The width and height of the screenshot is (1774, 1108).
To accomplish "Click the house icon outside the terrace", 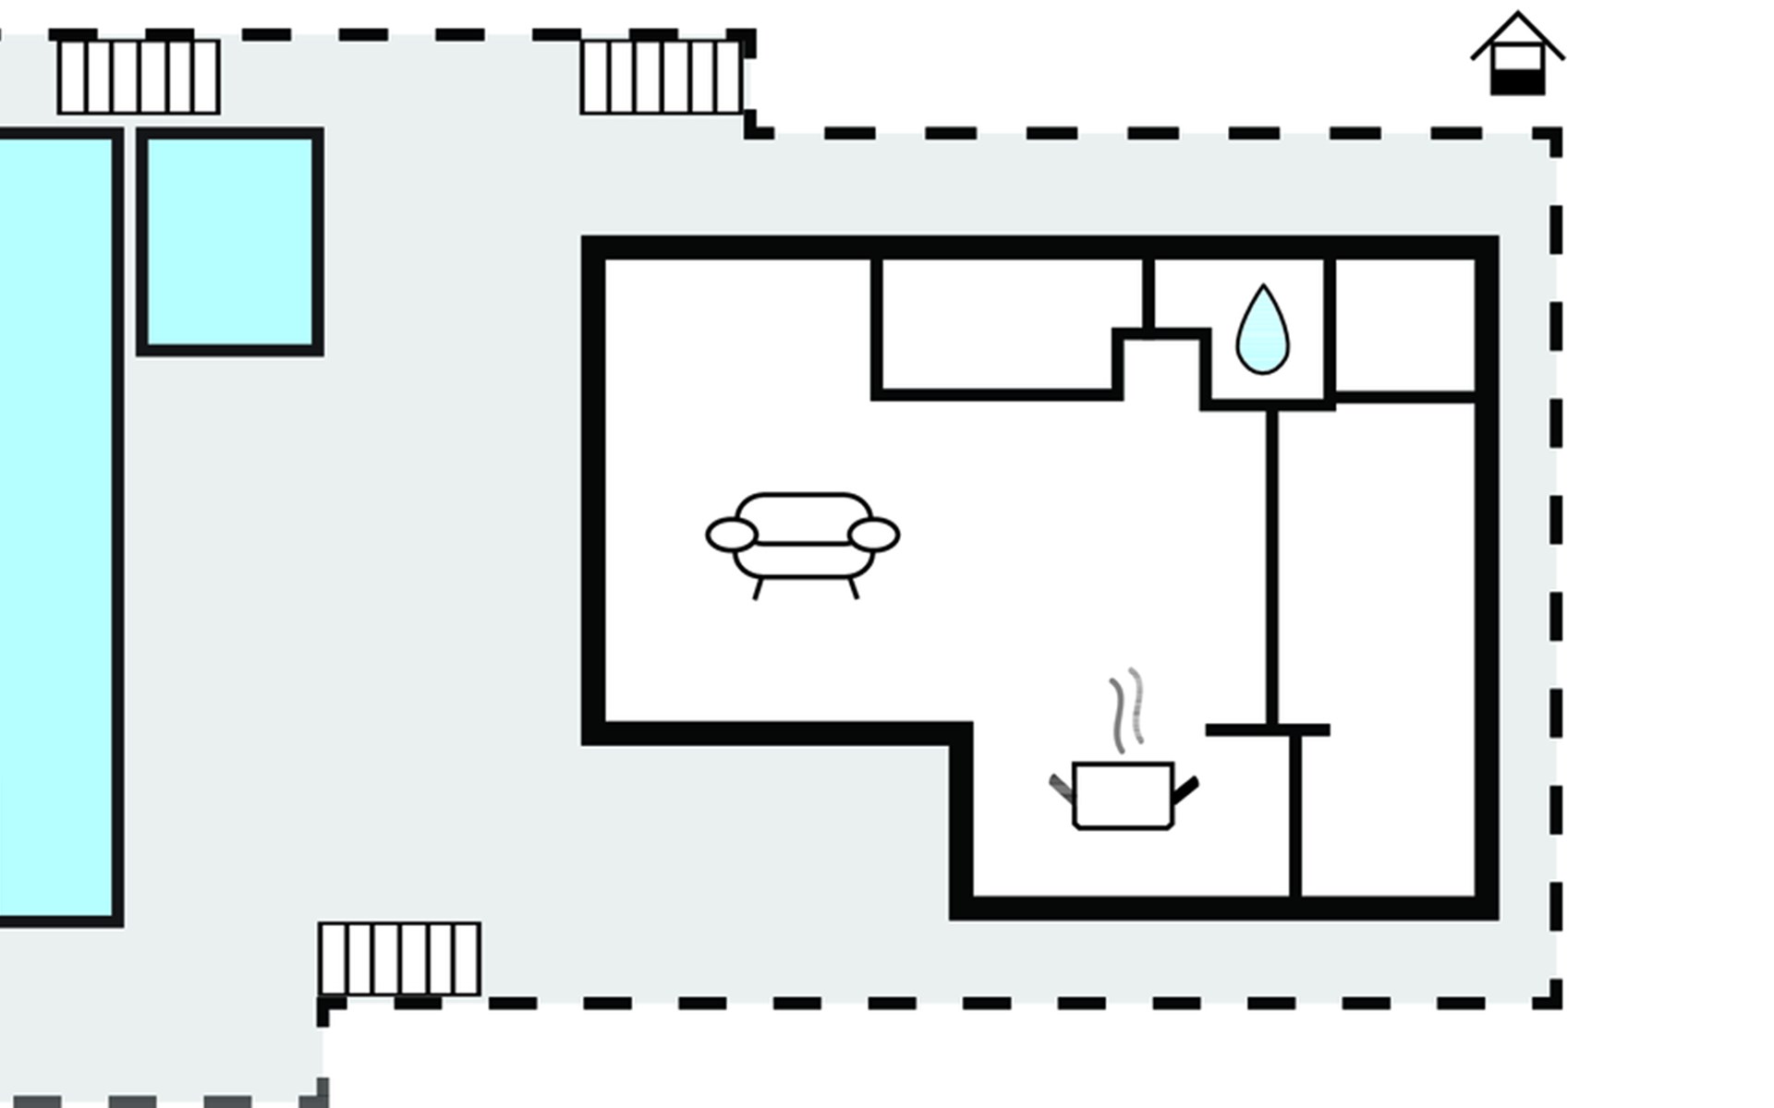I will click(1517, 55).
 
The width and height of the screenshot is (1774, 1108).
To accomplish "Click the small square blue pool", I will click(230, 242).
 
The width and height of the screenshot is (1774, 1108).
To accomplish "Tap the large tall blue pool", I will click(55, 526).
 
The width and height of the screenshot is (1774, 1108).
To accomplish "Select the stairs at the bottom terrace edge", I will click(399, 958).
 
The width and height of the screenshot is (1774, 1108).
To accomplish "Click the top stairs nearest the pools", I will click(139, 77).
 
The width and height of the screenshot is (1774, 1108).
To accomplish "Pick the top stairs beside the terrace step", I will click(662, 77).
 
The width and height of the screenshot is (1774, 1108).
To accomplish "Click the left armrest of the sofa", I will click(732, 535).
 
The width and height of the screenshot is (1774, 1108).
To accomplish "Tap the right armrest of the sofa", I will click(873, 535).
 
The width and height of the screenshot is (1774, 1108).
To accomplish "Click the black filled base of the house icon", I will click(1517, 83).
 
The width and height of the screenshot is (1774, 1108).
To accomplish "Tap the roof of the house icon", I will click(1517, 32).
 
